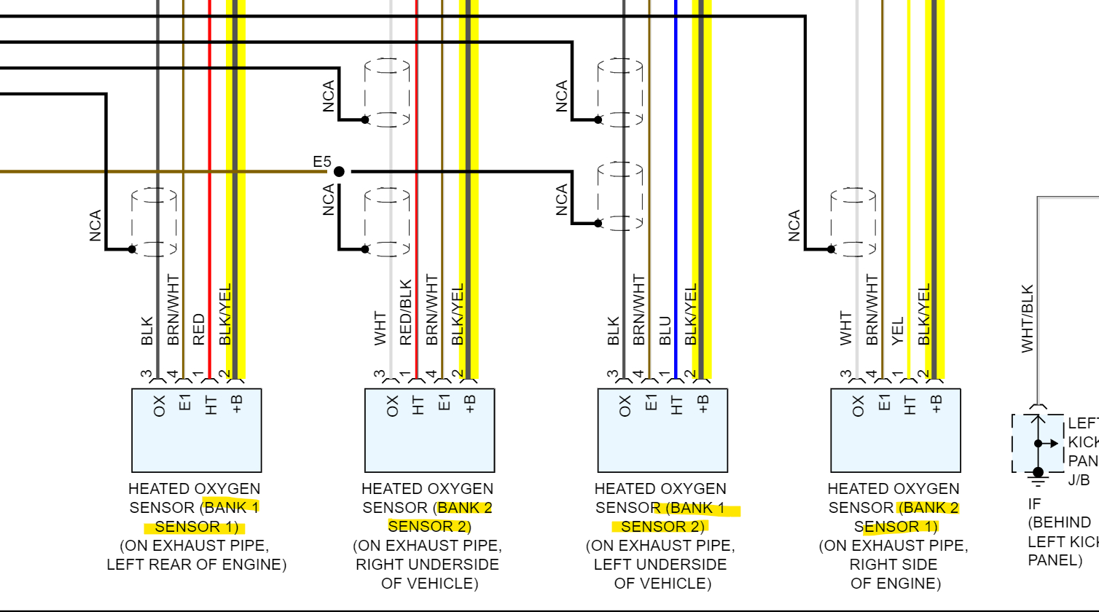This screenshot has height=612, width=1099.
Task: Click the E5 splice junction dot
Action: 339,171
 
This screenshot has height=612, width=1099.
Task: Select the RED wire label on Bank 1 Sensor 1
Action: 198,329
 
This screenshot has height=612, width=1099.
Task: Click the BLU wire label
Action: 665,329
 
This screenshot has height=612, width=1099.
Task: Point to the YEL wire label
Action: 898,330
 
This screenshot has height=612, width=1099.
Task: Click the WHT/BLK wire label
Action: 1028,318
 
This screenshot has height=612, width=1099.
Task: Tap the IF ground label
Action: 1034,503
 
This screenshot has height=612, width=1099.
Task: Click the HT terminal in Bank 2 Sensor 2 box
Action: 418,406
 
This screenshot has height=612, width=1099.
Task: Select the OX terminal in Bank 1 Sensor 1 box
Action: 160,406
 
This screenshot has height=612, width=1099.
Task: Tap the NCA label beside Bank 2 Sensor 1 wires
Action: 794,226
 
